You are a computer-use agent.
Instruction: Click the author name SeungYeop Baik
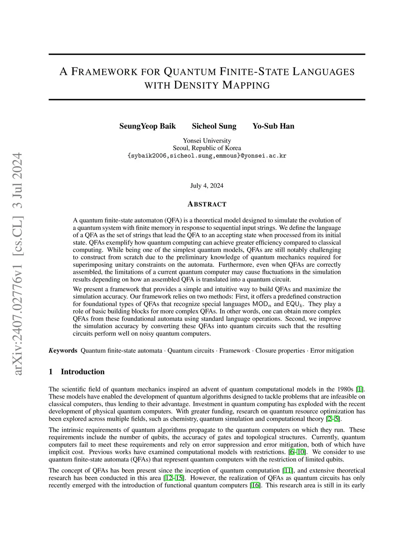pyautogui.click(x=148, y=126)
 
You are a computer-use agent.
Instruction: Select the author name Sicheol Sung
pyautogui.click(x=214, y=126)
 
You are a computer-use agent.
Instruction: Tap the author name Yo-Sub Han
pyautogui.click(x=273, y=126)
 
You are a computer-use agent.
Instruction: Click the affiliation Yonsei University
pyautogui.click(x=207, y=141)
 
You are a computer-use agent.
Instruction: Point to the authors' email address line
pyautogui.click(x=207, y=155)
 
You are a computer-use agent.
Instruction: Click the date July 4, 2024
pyautogui.click(x=207, y=186)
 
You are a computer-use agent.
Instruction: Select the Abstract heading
pyautogui.click(x=207, y=204)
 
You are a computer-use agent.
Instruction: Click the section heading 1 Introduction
pyautogui.click(x=76, y=372)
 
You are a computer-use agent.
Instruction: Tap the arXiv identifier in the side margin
pyautogui.click(x=17, y=263)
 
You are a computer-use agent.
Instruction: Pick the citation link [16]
pyautogui.click(x=256, y=485)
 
